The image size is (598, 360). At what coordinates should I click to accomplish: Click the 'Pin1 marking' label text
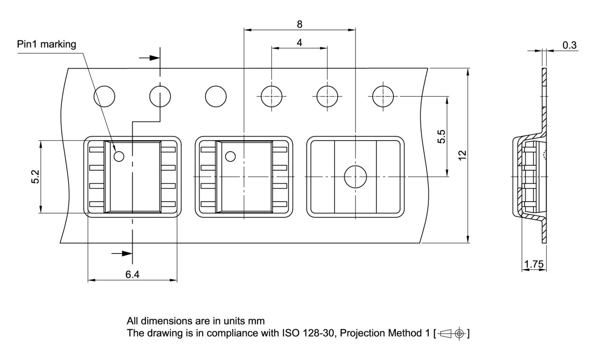coord(46,44)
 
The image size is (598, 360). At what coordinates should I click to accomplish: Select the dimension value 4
coord(299,43)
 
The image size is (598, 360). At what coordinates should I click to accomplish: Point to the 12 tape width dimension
coord(462,156)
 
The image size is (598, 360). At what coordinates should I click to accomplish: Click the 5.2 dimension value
coord(35,177)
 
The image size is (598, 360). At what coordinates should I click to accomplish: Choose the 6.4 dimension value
coord(132,274)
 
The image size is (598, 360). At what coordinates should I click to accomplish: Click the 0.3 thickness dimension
coord(569,45)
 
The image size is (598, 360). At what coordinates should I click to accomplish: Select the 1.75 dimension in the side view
coord(533,264)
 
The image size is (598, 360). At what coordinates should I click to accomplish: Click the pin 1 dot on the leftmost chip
coord(119,157)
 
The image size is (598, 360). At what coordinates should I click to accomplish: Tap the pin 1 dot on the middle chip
coord(230,157)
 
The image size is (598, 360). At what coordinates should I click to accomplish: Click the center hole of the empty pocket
coord(355,177)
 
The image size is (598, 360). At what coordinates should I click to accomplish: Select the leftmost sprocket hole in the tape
coord(104,96)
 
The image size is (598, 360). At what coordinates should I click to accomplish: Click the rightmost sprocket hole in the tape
coord(382,96)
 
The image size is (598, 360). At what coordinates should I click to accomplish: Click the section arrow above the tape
coord(149,58)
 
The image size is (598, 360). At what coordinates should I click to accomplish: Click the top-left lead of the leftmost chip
coord(97,150)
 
